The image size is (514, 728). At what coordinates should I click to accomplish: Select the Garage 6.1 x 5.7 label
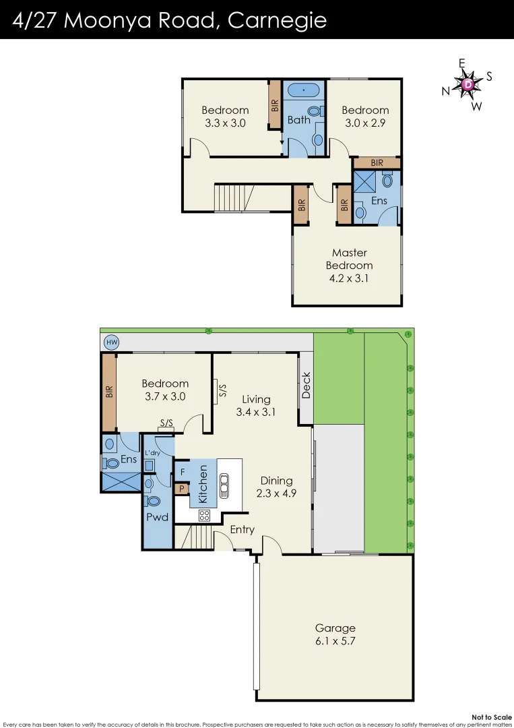(335, 635)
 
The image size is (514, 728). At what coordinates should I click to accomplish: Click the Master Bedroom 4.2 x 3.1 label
(350, 266)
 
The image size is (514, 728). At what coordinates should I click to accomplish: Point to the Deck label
(306, 386)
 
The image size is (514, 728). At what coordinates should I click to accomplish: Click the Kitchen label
(203, 483)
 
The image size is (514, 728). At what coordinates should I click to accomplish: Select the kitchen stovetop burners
(204, 516)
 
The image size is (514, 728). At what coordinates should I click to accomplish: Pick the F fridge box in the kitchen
(182, 472)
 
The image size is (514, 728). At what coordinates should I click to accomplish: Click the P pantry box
(181, 489)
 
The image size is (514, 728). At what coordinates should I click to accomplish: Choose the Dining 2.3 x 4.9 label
(276, 487)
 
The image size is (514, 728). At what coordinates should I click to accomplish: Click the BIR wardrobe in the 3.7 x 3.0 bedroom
(109, 393)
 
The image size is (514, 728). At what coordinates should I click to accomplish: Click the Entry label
(242, 530)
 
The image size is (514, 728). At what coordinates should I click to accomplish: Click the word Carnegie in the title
(277, 20)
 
